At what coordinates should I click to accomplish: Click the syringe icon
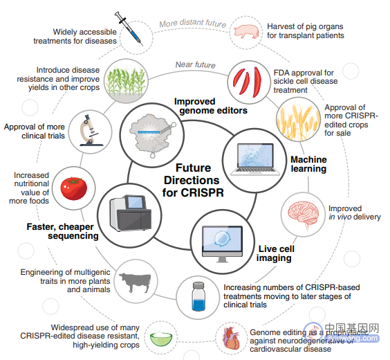(129, 28)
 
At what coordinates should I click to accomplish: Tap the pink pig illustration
(246, 32)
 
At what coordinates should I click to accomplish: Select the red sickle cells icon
(248, 82)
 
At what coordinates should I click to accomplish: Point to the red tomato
(74, 188)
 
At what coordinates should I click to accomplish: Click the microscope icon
(90, 130)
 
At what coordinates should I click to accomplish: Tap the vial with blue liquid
(198, 296)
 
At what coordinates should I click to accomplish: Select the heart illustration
(232, 338)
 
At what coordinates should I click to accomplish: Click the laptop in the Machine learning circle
(255, 159)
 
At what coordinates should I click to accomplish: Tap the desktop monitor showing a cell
(222, 244)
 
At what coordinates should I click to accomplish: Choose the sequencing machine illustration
(131, 213)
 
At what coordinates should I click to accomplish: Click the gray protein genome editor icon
(152, 135)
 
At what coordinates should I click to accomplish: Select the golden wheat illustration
(298, 120)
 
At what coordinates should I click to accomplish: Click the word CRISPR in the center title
(202, 192)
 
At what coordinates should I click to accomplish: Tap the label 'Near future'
(196, 64)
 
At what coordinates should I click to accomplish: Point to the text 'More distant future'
(193, 23)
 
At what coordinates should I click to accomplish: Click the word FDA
(281, 73)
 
